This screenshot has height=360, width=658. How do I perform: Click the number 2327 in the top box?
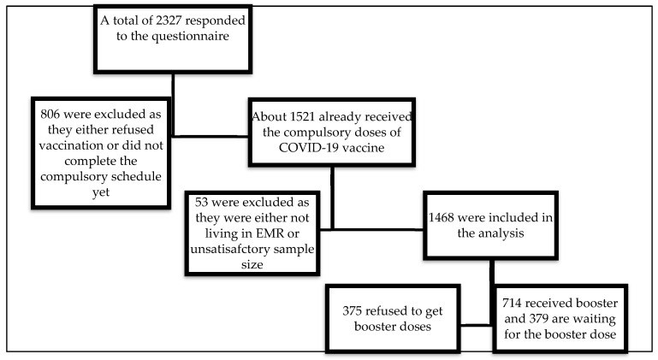169,21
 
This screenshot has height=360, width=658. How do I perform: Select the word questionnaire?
190,37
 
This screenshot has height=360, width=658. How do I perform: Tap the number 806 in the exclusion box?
50,114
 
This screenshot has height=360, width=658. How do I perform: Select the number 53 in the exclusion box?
201,203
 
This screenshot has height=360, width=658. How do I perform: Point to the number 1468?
442,217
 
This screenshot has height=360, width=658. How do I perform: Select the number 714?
512,303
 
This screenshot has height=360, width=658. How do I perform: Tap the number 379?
539,318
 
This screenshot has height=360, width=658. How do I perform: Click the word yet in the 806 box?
101,192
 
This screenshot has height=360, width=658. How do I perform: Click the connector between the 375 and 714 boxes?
477,325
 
